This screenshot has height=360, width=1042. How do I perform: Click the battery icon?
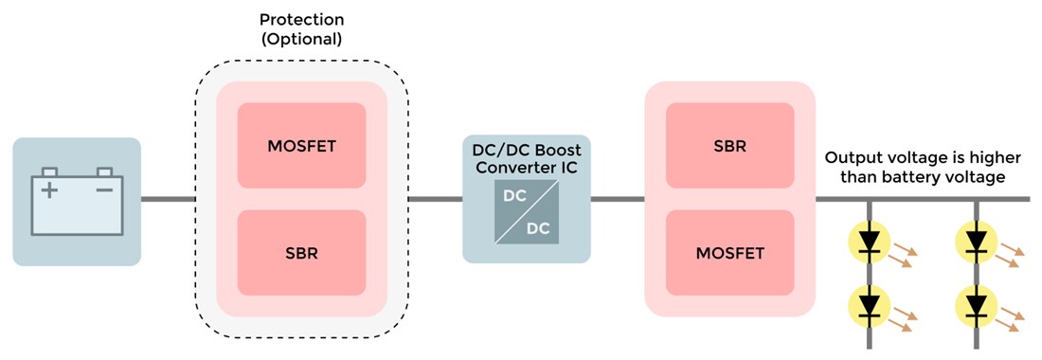point(77,202)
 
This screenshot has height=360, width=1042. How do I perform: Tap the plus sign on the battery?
point(48,190)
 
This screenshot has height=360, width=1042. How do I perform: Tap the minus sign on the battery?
point(104,190)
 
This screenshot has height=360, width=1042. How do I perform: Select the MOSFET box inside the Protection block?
point(301,145)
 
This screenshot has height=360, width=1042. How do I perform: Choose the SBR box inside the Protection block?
point(301,254)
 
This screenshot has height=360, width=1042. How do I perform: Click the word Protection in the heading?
point(301,19)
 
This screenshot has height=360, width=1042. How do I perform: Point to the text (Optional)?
point(301,40)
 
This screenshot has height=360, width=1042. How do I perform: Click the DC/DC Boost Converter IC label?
point(527,158)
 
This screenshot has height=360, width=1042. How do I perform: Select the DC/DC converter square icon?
point(527,216)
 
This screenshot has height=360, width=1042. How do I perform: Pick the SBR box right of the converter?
point(729,145)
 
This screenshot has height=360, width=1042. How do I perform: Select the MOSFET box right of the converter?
point(729,253)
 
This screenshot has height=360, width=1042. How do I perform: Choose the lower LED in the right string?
point(975,305)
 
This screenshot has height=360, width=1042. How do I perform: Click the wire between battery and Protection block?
point(168,199)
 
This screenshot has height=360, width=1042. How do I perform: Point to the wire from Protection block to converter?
point(435,199)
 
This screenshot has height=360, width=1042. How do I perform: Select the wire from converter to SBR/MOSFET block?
point(617,199)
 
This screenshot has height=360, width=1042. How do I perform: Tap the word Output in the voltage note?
point(852,156)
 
